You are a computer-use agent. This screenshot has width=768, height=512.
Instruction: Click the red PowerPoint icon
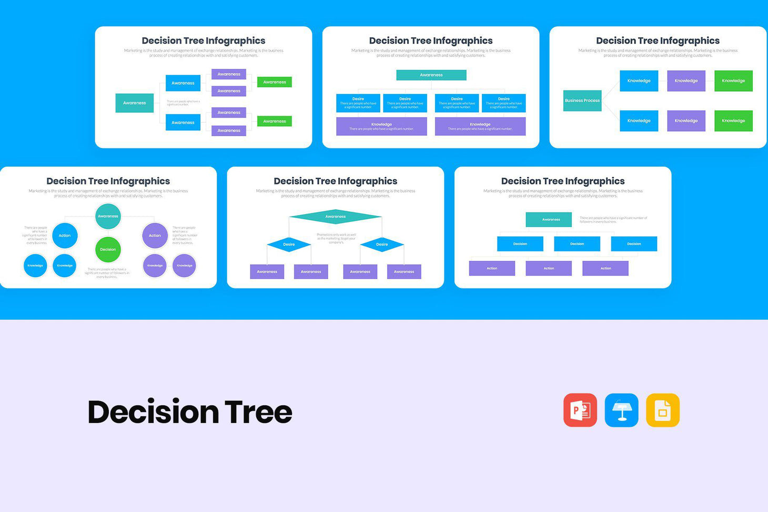pyautogui.click(x=580, y=410)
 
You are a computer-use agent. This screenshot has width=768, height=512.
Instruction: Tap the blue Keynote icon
pyautogui.click(x=621, y=410)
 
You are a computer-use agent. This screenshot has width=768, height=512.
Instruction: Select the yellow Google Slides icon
pyautogui.click(x=663, y=410)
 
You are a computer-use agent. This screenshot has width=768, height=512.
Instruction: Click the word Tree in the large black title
pyautogui.click(x=258, y=412)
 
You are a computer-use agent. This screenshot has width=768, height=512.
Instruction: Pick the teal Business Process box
pyautogui.click(x=582, y=100)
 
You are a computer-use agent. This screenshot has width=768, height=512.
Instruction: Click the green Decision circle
pyautogui.click(x=108, y=250)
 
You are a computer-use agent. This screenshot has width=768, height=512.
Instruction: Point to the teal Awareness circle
pyautogui.click(x=108, y=217)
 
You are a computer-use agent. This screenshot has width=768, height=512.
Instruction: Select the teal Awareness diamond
pyautogui.click(x=336, y=217)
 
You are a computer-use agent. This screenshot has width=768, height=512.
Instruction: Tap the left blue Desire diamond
pyautogui.click(x=289, y=244)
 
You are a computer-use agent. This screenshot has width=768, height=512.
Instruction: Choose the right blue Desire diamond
pyautogui.click(x=382, y=244)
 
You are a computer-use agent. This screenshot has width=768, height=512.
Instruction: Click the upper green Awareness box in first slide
pyautogui.click(x=275, y=82)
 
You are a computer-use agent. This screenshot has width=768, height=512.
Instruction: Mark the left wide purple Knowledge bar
pyautogui.click(x=381, y=126)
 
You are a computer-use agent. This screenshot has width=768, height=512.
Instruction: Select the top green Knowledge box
pyautogui.click(x=733, y=81)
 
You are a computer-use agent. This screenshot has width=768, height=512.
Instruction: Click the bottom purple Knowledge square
pyautogui.click(x=686, y=121)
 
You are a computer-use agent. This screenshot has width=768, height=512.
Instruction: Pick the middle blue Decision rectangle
pyautogui.click(x=577, y=244)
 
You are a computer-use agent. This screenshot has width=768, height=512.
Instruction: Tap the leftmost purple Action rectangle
pyautogui.click(x=492, y=268)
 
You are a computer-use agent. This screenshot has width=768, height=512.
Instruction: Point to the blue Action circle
pyautogui.click(x=65, y=235)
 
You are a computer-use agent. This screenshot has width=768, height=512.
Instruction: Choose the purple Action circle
pyautogui.click(x=155, y=235)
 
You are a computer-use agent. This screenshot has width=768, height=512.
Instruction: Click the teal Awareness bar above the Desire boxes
pyautogui.click(x=431, y=75)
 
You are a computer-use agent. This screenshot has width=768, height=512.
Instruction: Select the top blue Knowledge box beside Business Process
pyautogui.click(x=639, y=81)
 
